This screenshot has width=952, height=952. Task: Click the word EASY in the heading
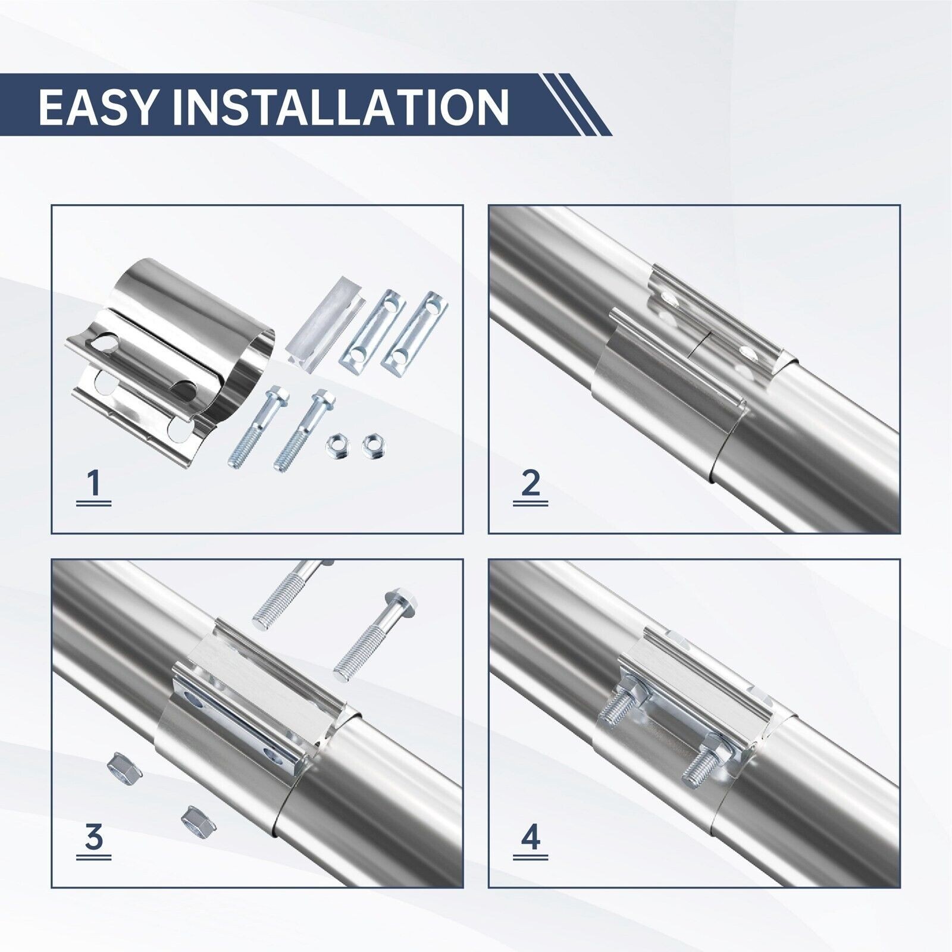click(96, 107)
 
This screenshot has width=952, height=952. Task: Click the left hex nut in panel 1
click(334, 443)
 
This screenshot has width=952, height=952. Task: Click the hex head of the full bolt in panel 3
click(400, 606)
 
